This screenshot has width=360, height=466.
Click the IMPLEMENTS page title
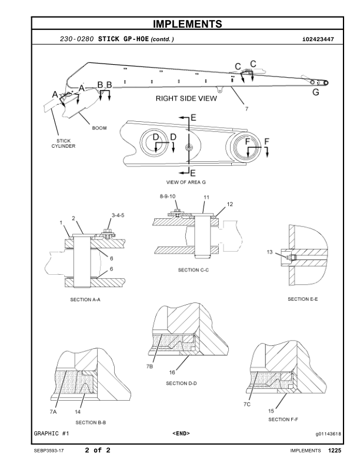click(x=188, y=24)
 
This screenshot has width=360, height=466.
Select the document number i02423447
click(x=318, y=39)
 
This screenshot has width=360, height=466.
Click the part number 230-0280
click(x=76, y=39)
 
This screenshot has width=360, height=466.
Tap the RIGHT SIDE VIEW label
click(x=186, y=98)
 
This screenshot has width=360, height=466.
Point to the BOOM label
click(x=99, y=128)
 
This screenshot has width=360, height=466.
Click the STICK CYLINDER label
click(x=64, y=143)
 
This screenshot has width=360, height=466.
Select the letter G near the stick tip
click(x=316, y=92)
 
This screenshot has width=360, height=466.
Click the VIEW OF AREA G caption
click(x=186, y=182)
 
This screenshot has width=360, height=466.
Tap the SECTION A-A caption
click(x=85, y=299)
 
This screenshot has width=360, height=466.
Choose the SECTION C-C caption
click(x=194, y=270)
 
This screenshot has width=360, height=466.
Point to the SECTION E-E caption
click(x=303, y=299)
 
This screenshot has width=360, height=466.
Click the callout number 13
click(x=269, y=252)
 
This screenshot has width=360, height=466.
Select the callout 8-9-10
click(x=168, y=196)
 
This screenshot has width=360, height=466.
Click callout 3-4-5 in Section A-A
click(x=118, y=215)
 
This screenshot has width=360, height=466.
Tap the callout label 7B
click(x=149, y=367)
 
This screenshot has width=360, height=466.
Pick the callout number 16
click(x=172, y=372)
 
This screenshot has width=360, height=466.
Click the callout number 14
click(x=78, y=412)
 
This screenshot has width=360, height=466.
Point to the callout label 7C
click(x=247, y=404)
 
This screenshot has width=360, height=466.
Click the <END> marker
click(x=181, y=433)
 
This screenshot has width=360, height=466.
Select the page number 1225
click(x=335, y=451)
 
